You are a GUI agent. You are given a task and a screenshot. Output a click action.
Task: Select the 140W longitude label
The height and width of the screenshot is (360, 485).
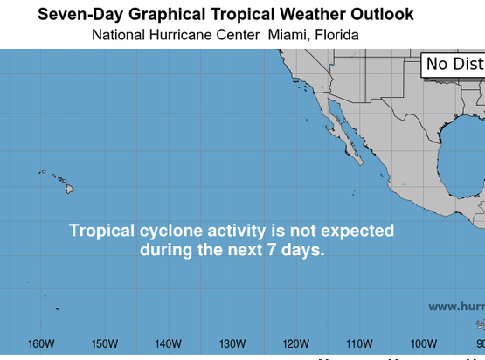pyautogui.click(x=168, y=343)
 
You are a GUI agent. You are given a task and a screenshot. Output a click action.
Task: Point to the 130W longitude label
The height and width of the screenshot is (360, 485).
pyautogui.click(x=232, y=343)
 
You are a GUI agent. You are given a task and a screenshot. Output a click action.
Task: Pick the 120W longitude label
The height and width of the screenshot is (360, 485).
pyautogui.click(x=295, y=343)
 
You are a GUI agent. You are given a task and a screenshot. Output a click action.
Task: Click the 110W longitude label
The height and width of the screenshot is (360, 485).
pyautogui.click(x=359, y=343)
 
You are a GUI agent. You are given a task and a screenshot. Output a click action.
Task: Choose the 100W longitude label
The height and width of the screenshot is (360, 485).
pyautogui.click(x=423, y=343)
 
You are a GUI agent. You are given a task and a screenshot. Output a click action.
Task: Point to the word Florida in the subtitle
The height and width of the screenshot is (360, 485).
pyautogui.click(x=334, y=35)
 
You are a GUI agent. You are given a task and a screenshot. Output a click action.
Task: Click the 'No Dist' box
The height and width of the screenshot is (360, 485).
pyautogui.click(x=454, y=65)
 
